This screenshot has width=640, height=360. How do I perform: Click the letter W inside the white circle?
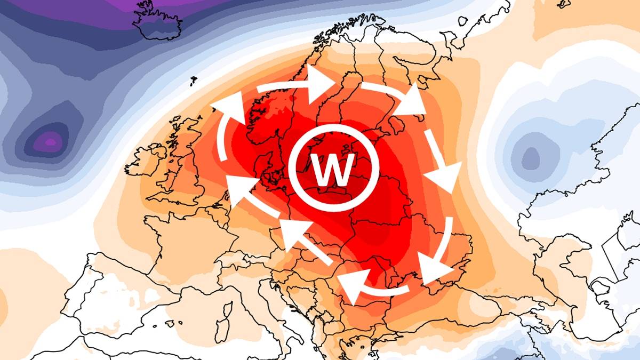coord(334,170)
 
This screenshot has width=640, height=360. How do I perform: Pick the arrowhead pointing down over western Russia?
coord(446,176)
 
